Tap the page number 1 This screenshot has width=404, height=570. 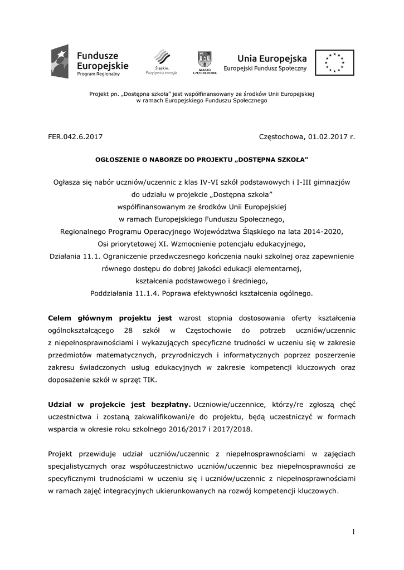coord(353,532)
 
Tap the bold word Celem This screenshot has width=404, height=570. coord(61,318)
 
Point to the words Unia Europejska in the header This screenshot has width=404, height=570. coord(272,57)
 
